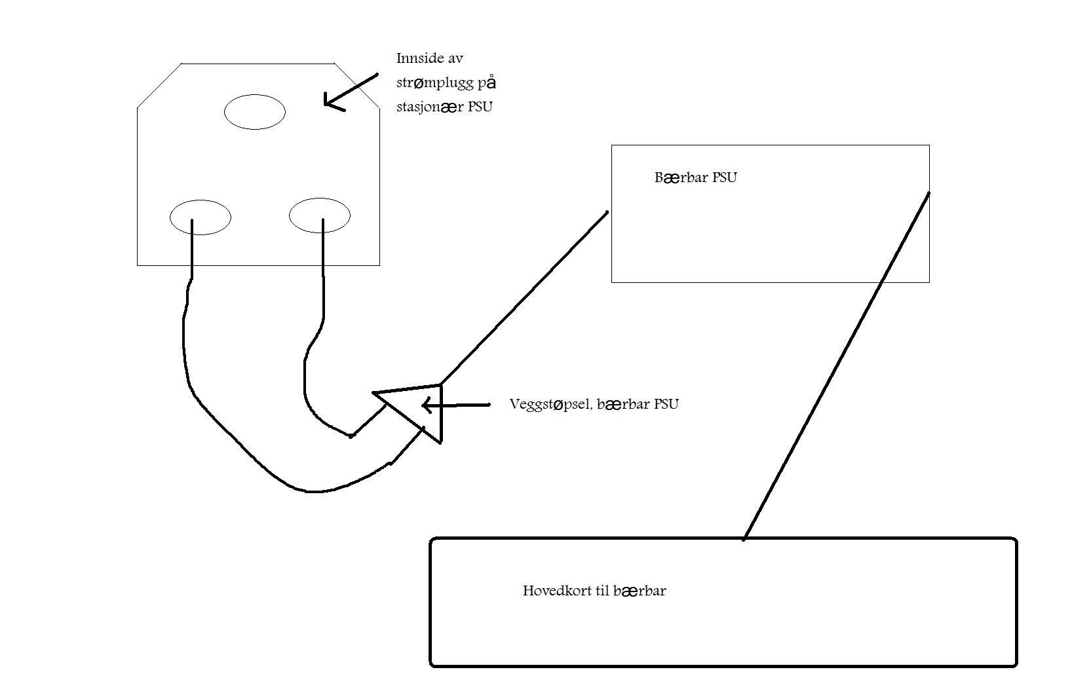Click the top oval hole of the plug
(x=255, y=112)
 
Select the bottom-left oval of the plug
(x=201, y=217)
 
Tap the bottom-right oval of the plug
(x=320, y=215)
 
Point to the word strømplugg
(x=434, y=83)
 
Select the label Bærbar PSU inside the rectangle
(x=695, y=178)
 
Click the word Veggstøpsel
(x=550, y=404)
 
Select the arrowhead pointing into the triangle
(x=428, y=406)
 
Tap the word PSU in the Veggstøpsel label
(x=666, y=404)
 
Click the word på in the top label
(x=489, y=83)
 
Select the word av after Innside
(x=455, y=58)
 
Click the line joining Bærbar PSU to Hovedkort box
(x=835, y=367)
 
